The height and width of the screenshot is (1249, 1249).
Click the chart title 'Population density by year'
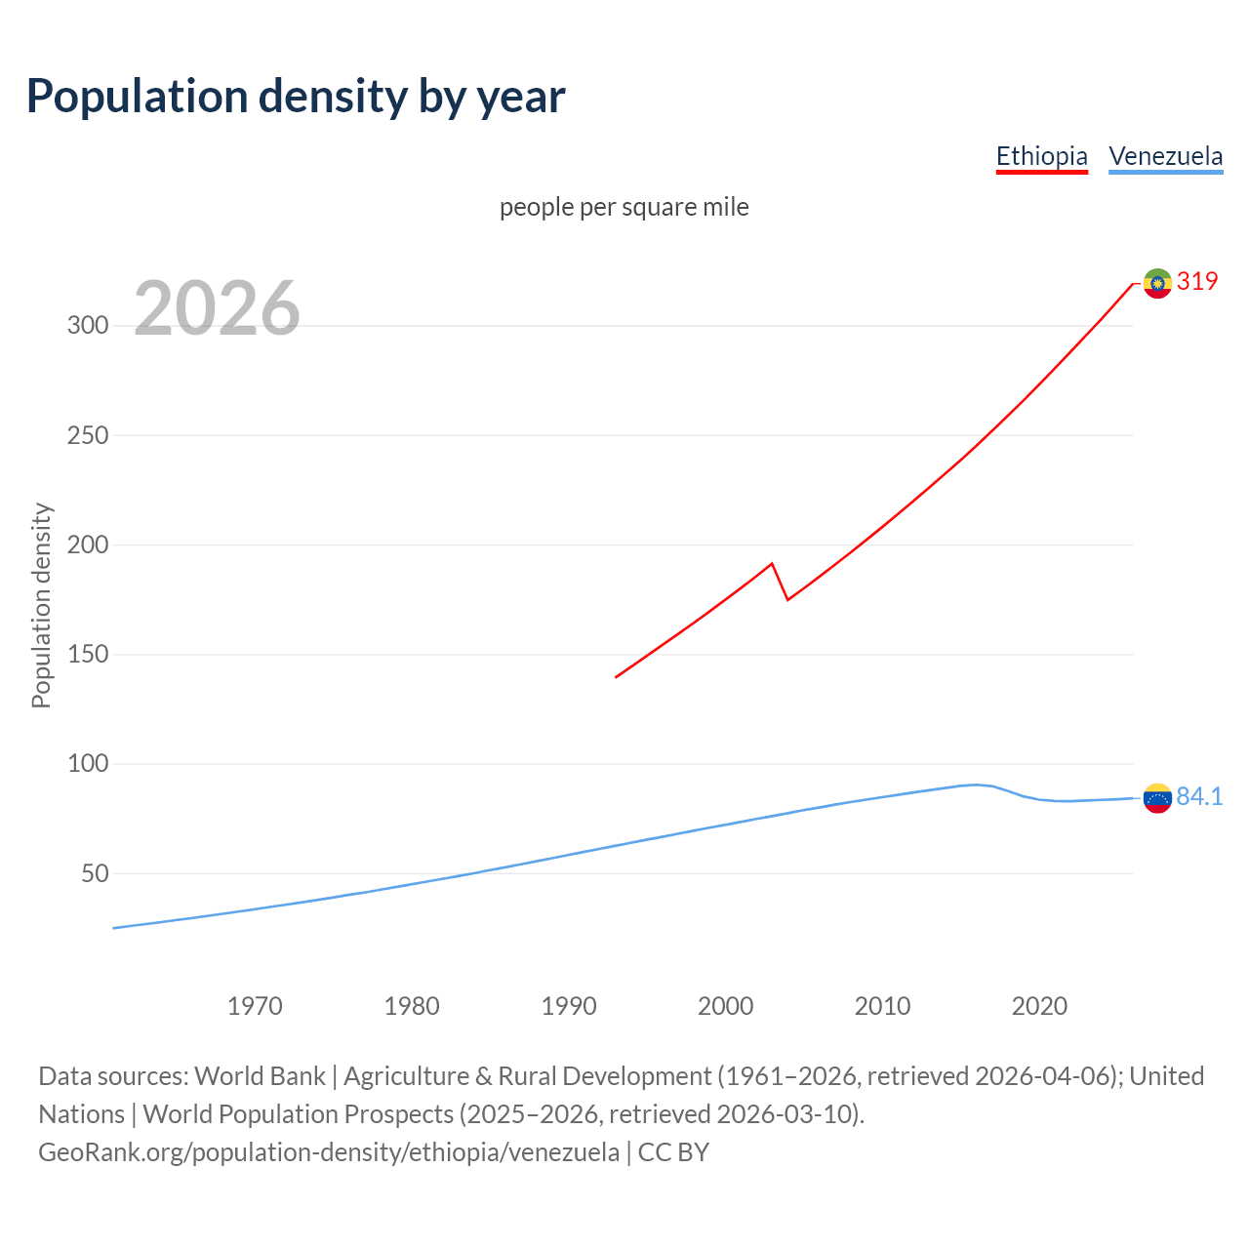296,97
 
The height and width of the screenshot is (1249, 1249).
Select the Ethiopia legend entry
1041,156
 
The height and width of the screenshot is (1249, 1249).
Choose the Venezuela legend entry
1165,156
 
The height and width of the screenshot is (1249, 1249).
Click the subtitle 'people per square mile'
624,207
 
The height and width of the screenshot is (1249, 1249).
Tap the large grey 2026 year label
217,308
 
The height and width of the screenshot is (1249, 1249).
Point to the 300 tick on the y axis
88,326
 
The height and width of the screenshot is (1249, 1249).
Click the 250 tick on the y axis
88,435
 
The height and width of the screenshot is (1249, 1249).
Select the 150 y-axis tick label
88,655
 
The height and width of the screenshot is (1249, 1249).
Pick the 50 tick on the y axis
95,873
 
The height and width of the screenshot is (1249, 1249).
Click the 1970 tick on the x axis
255,1006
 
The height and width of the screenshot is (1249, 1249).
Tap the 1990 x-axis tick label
569,1006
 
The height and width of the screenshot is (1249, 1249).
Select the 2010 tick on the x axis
882,1006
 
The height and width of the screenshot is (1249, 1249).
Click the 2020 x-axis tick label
1039,1006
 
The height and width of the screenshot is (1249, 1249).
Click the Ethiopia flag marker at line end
1157,283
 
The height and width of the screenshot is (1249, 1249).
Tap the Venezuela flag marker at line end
1157,798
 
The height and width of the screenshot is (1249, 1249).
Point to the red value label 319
1197,281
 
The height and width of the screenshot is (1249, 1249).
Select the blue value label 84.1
1199,797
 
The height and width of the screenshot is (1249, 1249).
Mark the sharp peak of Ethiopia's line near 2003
772,563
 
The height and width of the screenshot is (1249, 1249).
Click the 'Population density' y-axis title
41,605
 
